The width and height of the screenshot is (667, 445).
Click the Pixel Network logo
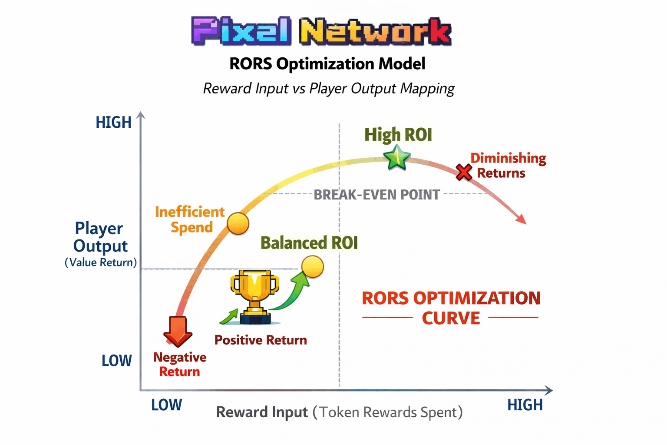[321, 31]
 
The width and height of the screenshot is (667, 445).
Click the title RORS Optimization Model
[327, 64]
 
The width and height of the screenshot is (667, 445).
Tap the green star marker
[397, 157]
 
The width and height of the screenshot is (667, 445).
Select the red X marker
[464, 173]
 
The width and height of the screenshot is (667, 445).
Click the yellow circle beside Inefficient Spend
[238, 224]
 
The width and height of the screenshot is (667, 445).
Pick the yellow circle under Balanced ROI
[313, 266]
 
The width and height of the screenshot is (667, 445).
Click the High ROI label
[398, 135]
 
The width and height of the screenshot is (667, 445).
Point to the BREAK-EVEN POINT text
[377, 195]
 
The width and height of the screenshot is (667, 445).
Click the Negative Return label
[180, 364]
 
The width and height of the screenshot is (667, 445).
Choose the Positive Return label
[261, 340]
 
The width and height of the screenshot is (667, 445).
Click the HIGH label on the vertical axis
[113, 123]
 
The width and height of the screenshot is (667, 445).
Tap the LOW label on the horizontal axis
[166, 405]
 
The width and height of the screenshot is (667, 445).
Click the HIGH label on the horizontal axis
[525, 405]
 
